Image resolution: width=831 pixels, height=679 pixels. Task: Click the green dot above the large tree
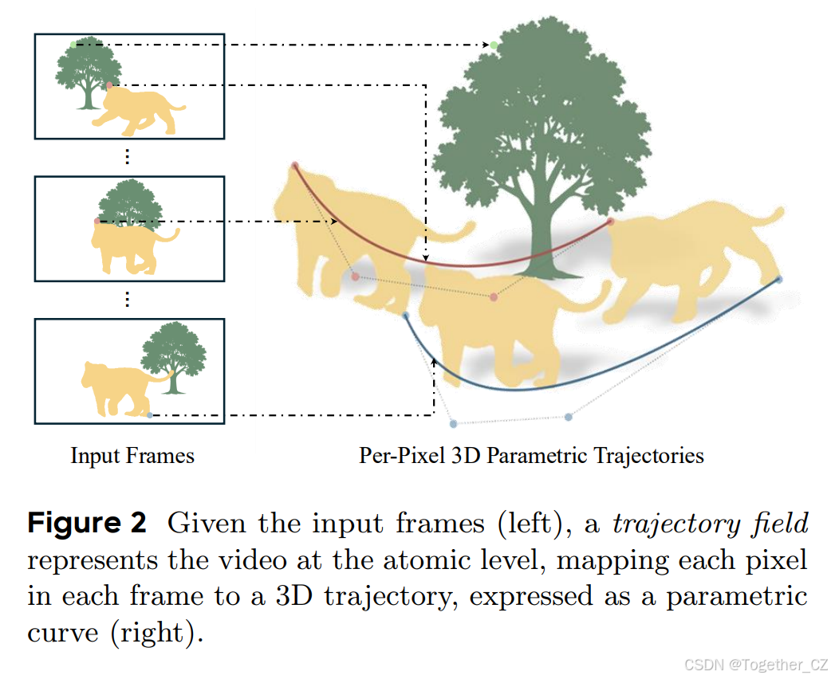pyautogui.click(x=494, y=45)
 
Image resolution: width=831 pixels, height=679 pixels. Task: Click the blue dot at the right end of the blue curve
pyautogui.click(x=779, y=279)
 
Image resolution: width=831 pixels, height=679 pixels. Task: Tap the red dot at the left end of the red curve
pyautogui.click(x=295, y=166)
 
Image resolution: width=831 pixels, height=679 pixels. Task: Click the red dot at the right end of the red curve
pyautogui.click(x=610, y=222)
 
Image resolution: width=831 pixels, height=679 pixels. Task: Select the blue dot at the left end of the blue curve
pyautogui.click(x=406, y=316)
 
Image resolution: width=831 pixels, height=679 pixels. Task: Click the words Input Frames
pyautogui.click(x=132, y=456)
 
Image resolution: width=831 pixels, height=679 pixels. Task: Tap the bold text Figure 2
pyautogui.click(x=88, y=524)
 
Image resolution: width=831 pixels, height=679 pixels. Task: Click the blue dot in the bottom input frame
pyautogui.click(x=150, y=415)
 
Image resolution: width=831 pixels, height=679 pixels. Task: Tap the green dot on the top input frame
pyautogui.click(x=73, y=45)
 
